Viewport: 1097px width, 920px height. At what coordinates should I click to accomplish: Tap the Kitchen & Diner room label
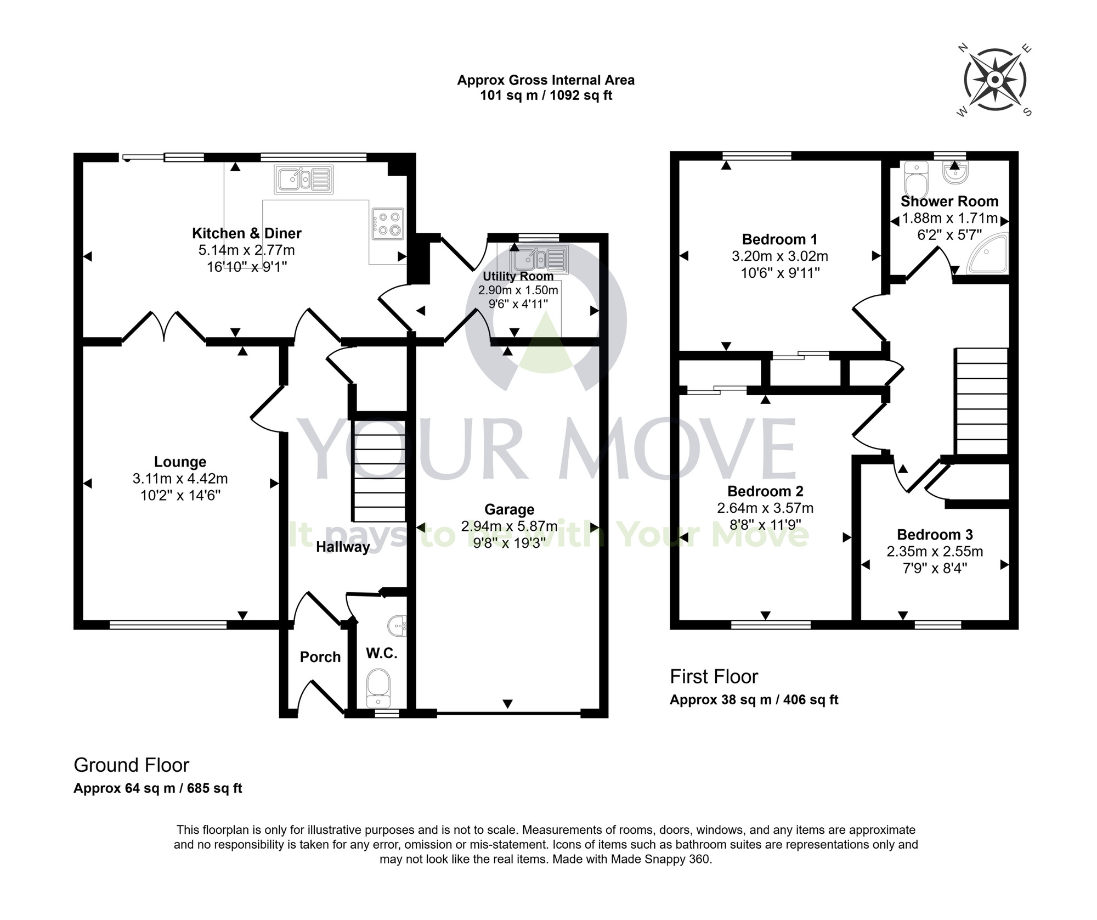(246, 233)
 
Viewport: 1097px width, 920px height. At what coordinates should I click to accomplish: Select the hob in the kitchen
(388, 224)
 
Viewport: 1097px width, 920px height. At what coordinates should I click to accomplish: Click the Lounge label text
(180, 462)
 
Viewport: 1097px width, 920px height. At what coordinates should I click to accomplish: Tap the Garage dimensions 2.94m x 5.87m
(509, 526)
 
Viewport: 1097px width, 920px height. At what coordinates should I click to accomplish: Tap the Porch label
(320, 657)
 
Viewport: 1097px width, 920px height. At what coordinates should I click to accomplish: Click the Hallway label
(343, 547)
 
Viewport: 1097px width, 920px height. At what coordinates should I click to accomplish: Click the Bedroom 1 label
(779, 239)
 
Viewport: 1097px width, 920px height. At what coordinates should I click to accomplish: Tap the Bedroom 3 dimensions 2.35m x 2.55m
(935, 551)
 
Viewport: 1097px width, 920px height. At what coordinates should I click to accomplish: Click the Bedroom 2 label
(765, 491)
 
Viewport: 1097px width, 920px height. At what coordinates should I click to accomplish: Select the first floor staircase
(982, 401)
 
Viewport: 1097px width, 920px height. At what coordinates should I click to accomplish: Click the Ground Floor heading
(132, 765)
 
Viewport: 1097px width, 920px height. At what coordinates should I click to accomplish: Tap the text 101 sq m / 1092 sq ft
(546, 96)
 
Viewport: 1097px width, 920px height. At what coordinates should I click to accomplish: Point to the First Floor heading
(714, 676)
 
